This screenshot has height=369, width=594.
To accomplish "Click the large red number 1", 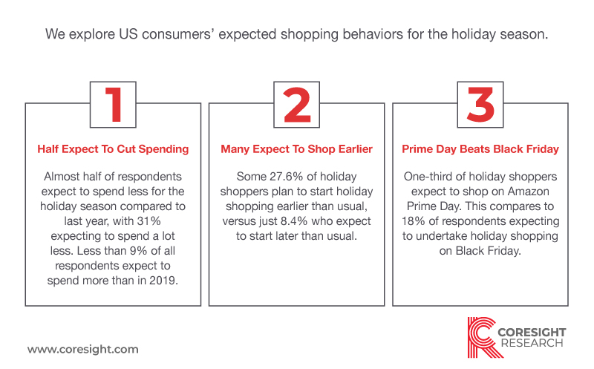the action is pyautogui.click(x=114, y=105).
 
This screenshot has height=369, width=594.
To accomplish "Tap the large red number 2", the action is pyautogui.click(x=297, y=105).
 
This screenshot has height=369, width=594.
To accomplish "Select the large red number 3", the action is pyautogui.click(x=480, y=105).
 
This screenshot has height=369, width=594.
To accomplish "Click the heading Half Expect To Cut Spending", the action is pyautogui.click(x=113, y=149).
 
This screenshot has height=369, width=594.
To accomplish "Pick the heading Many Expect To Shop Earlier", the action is pyautogui.click(x=296, y=149).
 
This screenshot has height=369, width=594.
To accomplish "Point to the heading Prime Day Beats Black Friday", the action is pyautogui.click(x=480, y=149).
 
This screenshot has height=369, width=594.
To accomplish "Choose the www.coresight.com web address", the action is pyautogui.click(x=83, y=349).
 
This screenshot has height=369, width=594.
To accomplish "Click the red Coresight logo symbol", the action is pyautogui.click(x=483, y=337).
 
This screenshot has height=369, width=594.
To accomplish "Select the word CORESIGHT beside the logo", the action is pyautogui.click(x=532, y=333).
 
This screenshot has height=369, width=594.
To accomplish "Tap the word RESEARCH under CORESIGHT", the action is pyautogui.click(x=532, y=343).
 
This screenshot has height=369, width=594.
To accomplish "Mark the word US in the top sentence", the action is pyautogui.click(x=128, y=34).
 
